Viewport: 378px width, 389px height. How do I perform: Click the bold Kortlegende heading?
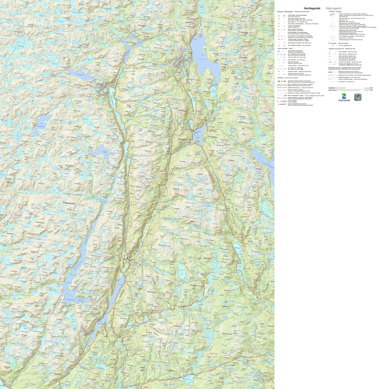pos(312,8)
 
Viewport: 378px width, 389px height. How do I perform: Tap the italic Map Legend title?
pos(334,8)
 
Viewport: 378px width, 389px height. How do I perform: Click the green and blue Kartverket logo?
pos(344,97)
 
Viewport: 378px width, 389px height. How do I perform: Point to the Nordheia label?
pos(233,160)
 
